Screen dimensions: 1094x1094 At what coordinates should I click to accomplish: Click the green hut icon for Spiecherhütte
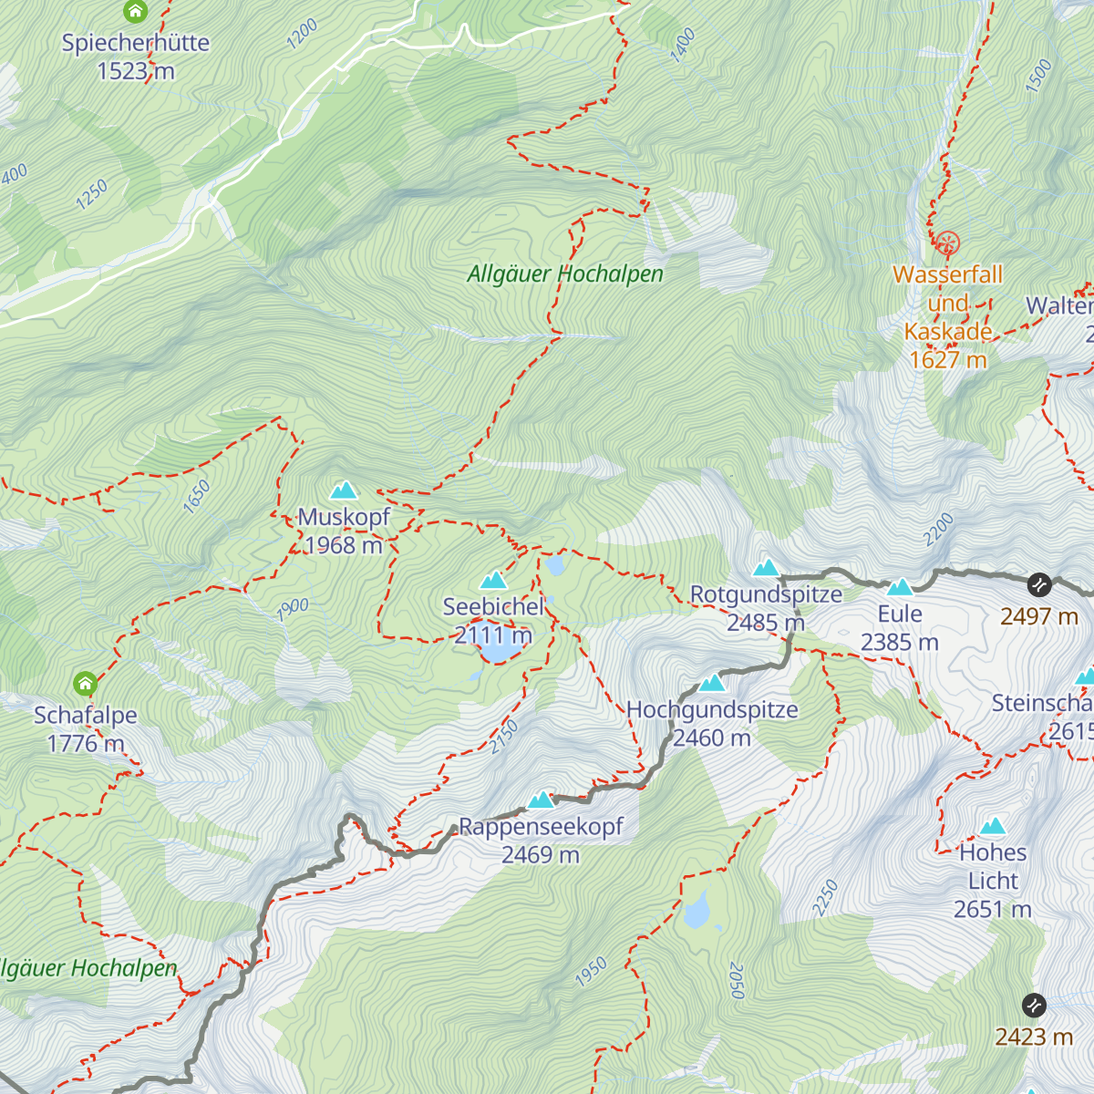135,12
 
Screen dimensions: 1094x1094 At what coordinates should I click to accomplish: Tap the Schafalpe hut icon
85,683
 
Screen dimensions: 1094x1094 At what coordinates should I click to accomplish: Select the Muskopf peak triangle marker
344,490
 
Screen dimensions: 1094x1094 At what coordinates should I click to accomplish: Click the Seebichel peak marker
493,581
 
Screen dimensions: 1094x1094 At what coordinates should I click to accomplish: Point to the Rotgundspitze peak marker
766,568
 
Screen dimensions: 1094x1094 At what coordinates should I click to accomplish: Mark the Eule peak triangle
900,587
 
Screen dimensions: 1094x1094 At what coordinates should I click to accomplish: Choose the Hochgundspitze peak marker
712,684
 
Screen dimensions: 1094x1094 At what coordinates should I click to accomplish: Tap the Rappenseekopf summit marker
542,800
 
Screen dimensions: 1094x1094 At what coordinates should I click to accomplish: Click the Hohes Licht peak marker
993,827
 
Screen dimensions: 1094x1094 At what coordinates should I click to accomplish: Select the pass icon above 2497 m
1039,584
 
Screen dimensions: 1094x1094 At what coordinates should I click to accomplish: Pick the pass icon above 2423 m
1034,1005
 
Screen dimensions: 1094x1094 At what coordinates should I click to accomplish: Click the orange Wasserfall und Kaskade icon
947,243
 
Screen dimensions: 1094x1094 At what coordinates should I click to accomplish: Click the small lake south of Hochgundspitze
697,910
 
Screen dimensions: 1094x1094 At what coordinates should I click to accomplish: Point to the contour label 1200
302,34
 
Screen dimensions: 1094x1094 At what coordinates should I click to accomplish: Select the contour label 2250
825,898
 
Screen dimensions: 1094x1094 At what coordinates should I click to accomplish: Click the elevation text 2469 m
541,855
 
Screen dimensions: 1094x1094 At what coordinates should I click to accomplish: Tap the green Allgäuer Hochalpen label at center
565,273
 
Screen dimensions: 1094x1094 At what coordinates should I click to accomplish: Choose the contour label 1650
196,498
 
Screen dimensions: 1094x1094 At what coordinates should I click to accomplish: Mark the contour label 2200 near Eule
938,530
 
